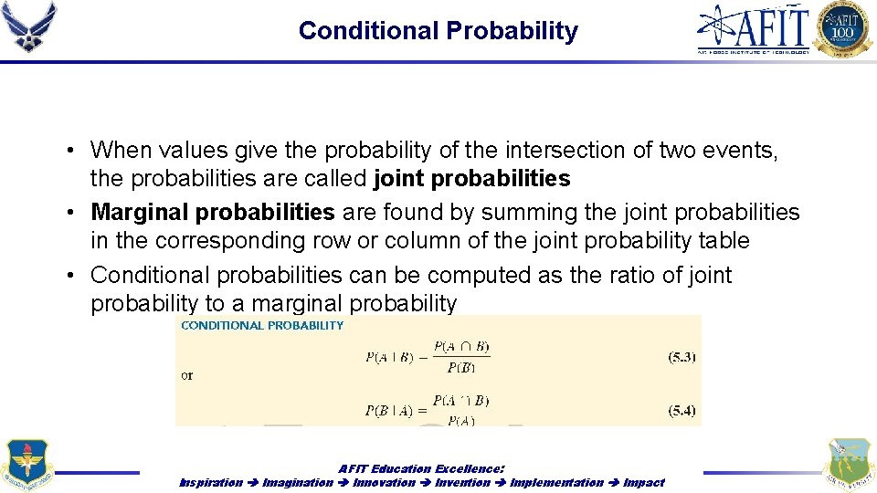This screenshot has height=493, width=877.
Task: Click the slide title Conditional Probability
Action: pos(438,31)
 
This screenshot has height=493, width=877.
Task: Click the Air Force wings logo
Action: pos(29,26)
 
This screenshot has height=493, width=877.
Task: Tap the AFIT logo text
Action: pos(754,27)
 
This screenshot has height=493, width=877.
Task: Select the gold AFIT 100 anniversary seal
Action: pos(843,29)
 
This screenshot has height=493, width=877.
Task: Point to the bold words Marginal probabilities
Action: pos(213,213)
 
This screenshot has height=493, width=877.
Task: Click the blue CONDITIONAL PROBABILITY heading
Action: pos(262,325)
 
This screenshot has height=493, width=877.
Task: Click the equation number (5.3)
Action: pos(682,357)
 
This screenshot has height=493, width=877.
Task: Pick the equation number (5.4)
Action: pos(682,411)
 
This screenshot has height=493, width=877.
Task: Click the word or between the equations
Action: pos(187,375)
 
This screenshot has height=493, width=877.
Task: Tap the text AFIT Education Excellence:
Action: pos(421,468)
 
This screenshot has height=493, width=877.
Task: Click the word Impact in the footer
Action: pos(644,482)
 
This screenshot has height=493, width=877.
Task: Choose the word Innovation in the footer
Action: pos(384,482)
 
